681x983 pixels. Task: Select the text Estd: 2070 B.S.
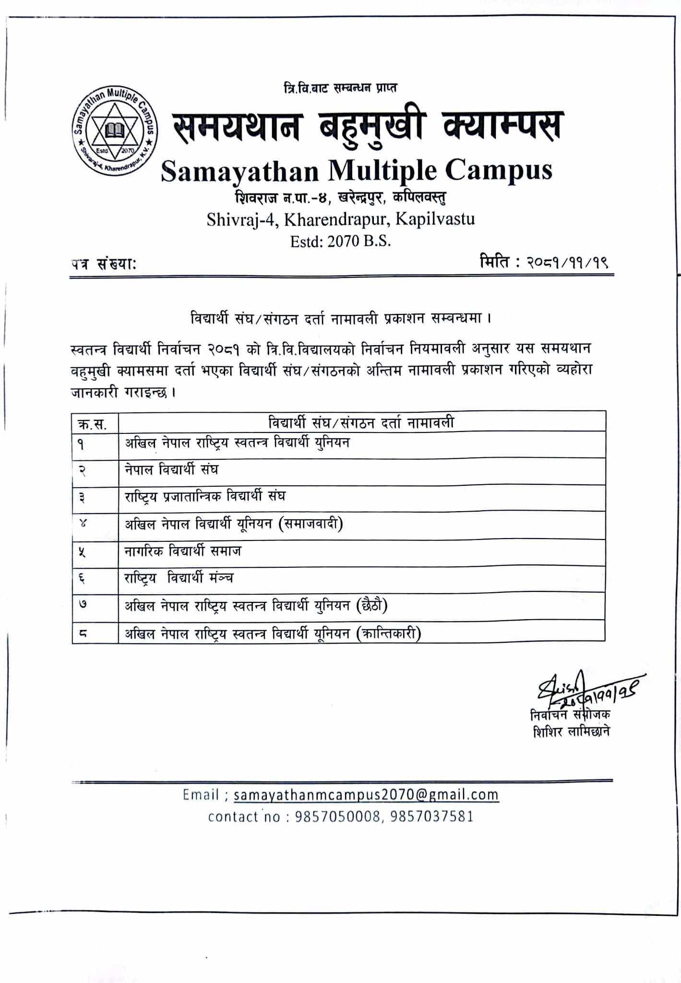pyautogui.click(x=340, y=241)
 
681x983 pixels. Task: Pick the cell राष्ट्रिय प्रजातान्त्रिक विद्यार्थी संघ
pyautogui.click(x=205, y=496)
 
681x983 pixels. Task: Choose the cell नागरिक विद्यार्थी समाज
pyautogui.click(x=183, y=551)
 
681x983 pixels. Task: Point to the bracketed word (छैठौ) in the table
pyautogui.click(x=371, y=606)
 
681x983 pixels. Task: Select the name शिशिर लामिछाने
pyautogui.click(x=571, y=732)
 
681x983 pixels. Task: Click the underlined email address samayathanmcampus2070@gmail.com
pyautogui.click(x=366, y=795)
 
